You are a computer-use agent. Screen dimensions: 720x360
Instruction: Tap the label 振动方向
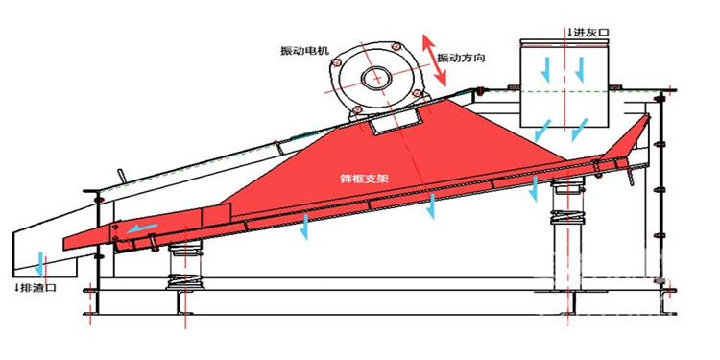461,58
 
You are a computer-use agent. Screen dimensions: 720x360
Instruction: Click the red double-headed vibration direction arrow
434,60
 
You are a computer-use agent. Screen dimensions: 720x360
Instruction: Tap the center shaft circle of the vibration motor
377,77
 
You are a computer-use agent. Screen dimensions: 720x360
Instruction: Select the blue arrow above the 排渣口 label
41,265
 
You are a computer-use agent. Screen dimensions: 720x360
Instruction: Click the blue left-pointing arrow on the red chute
142,228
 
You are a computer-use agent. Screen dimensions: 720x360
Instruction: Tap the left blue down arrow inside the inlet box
546,69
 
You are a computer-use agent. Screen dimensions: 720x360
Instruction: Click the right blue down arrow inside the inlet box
580,69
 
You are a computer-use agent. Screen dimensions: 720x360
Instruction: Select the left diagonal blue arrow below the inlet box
543,131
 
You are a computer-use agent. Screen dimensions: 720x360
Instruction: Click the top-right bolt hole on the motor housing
396,46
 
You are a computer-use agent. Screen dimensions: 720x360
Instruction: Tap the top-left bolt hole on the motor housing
336,62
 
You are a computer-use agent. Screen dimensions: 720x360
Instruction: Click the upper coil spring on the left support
184,251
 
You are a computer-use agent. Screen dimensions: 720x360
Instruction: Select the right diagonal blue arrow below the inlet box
580,130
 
